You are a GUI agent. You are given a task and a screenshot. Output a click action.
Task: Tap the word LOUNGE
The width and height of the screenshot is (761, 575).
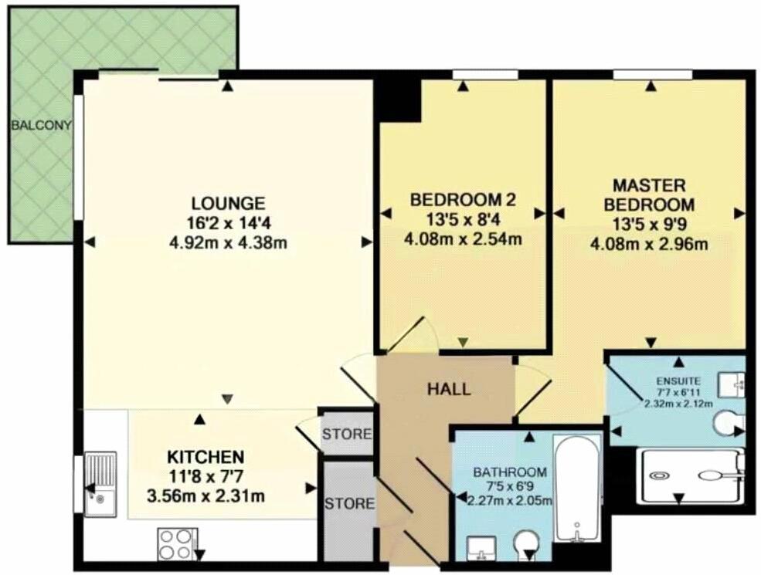(228, 204)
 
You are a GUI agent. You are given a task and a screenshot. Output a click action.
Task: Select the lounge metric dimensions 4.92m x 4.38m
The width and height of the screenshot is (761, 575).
(228, 243)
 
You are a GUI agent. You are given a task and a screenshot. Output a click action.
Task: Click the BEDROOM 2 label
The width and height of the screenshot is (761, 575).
(462, 200)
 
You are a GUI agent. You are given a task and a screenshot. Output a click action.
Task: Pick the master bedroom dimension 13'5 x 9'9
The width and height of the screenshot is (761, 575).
(648, 225)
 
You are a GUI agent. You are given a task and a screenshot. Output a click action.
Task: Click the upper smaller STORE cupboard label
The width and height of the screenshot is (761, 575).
(347, 434)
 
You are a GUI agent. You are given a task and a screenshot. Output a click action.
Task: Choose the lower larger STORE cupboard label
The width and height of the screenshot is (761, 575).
(349, 504)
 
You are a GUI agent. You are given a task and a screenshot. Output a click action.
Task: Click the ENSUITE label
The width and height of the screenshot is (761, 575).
(678, 380)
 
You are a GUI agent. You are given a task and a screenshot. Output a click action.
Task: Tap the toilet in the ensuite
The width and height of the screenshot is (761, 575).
(728, 422)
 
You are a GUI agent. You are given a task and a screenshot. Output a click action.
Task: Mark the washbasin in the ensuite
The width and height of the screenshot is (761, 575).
(733, 381)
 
